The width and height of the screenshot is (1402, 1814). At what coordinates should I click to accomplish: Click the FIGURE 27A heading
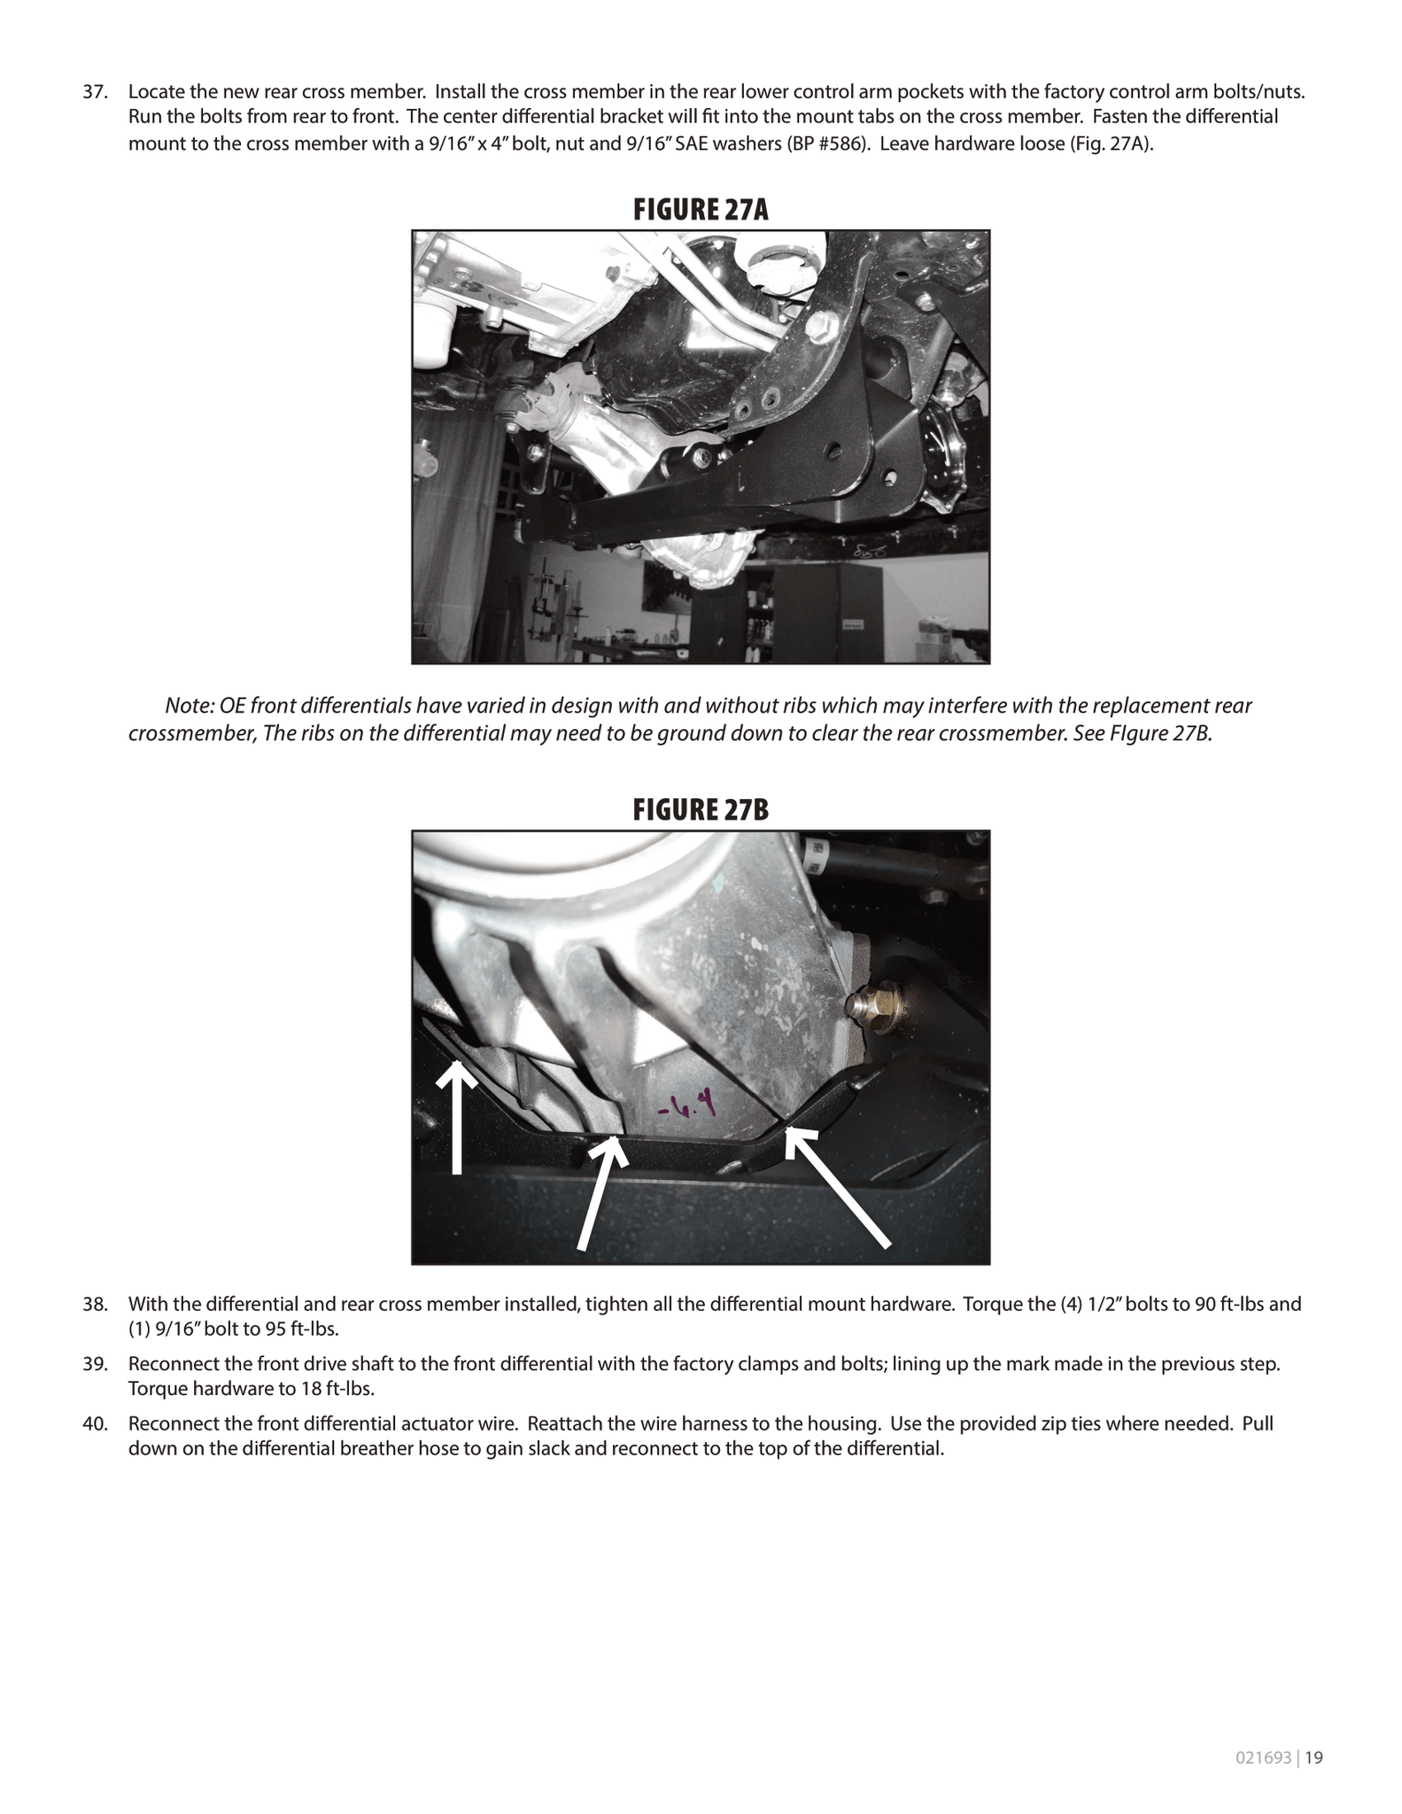point(700,210)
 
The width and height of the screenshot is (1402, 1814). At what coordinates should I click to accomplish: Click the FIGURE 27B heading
point(700,810)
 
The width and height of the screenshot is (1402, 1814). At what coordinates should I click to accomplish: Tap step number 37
point(95,92)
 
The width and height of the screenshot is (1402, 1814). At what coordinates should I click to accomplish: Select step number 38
point(95,1304)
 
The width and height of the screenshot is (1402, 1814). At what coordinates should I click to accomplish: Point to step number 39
point(95,1363)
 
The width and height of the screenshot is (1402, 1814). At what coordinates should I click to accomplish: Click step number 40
point(95,1423)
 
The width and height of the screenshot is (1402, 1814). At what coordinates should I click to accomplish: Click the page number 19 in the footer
point(1313,1758)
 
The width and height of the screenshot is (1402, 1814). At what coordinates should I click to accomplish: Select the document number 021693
point(1263,1758)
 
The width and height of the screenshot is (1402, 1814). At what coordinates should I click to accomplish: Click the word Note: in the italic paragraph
point(187,706)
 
